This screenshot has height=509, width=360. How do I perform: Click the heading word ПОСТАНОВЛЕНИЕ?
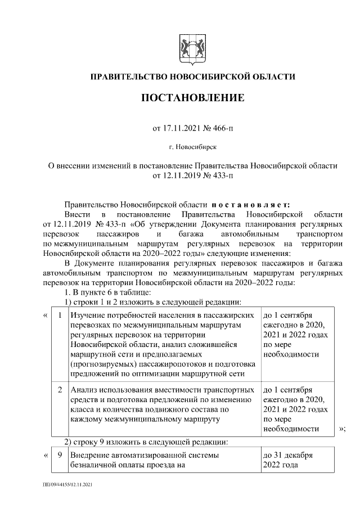pyautogui.click(x=192, y=98)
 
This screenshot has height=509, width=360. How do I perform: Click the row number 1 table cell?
pyautogui.click(x=59, y=315)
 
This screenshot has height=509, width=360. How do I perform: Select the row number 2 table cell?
pyautogui.click(x=59, y=389)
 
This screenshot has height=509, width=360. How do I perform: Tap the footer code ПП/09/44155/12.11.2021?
pyautogui.click(x=67, y=484)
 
